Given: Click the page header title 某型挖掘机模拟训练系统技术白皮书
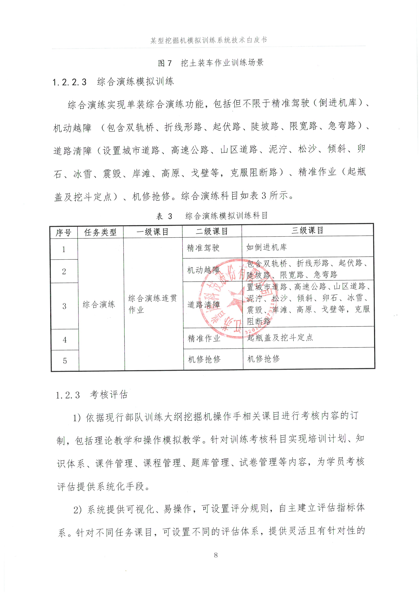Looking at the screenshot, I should pyautogui.click(x=209, y=40).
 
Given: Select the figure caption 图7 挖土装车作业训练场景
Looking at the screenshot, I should pyautogui.click(x=211, y=63).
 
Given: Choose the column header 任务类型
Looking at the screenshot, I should pyautogui.click(x=100, y=232).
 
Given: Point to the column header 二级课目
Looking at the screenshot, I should pyautogui.click(x=212, y=231).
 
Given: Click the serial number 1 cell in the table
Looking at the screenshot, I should pyautogui.click(x=64, y=249).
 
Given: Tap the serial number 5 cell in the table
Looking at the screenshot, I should pyautogui.click(x=65, y=361).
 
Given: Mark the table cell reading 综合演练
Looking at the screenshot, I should pyautogui.click(x=99, y=305).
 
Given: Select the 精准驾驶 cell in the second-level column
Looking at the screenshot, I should pyautogui.click(x=203, y=248).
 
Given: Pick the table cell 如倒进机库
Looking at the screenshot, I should pyautogui.click(x=267, y=247).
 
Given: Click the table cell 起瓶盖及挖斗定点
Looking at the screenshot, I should pyautogui.click(x=280, y=337).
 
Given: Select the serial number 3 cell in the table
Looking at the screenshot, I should pyautogui.click(x=64, y=306).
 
